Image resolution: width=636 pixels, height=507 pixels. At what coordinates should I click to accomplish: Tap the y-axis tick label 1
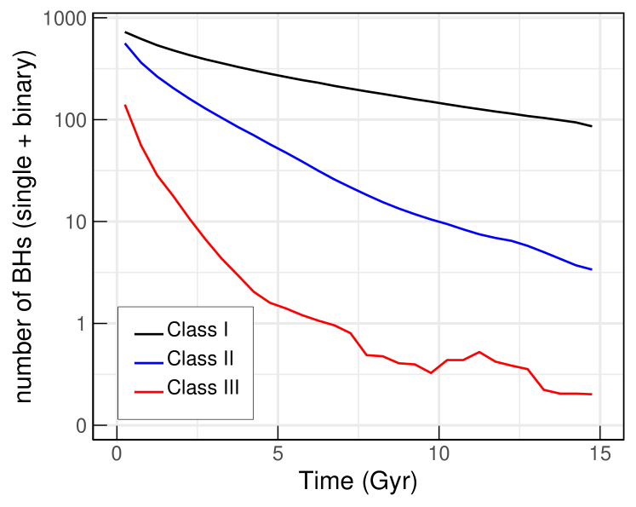pos(81,325)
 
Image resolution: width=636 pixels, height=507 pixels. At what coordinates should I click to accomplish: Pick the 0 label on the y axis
pos(81,426)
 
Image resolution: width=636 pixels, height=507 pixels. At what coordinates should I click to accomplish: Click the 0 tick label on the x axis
pos(117,452)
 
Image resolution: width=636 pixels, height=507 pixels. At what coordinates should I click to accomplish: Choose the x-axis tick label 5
pos(278,452)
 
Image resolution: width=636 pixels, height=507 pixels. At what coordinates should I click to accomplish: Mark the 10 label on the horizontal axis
pos(439,452)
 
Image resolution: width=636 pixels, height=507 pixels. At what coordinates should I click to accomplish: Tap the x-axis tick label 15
pos(600,452)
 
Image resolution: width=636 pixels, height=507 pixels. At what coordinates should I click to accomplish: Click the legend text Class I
pos(198,330)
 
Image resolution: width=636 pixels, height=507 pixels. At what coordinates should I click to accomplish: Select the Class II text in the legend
pos(200,359)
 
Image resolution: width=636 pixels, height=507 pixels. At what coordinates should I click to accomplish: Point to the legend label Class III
pos(203,388)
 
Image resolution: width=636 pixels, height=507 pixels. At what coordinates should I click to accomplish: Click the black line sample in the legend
pos(149,332)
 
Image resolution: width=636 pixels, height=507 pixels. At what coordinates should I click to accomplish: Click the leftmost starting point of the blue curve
pos(125,43)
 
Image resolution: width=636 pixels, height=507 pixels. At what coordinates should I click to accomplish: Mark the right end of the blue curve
pos(592,269)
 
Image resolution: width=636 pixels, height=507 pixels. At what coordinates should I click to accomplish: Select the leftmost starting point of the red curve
pos(125,105)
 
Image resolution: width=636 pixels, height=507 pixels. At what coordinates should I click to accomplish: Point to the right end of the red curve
pos(592,395)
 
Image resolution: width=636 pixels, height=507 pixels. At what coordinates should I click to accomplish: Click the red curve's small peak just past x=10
pos(479,351)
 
